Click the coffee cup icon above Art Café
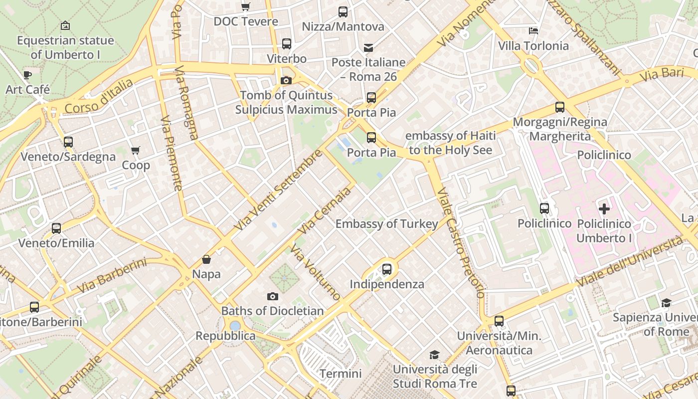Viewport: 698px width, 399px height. [27, 75]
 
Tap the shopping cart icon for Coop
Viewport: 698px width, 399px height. [135, 150]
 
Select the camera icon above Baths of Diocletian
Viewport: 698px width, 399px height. [272, 296]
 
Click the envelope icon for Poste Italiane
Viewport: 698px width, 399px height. [368, 48]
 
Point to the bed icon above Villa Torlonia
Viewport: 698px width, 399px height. [533, 31]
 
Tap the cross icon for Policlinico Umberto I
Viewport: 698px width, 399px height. [604, 208]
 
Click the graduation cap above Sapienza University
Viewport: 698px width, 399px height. [666, 303]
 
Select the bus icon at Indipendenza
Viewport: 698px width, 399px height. [386, 269]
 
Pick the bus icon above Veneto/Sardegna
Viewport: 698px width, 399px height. [68, 142]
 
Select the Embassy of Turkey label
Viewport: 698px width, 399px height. [386, 224]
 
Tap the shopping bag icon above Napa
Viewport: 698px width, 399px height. [206, 259]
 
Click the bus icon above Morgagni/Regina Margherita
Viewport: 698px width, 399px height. [559, 107]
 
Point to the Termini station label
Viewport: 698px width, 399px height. [341, 374]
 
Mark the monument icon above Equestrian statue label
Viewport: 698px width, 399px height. [65, 25]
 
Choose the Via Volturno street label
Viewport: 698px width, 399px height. [316, 274]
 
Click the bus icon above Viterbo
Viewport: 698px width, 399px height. [286, 44]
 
